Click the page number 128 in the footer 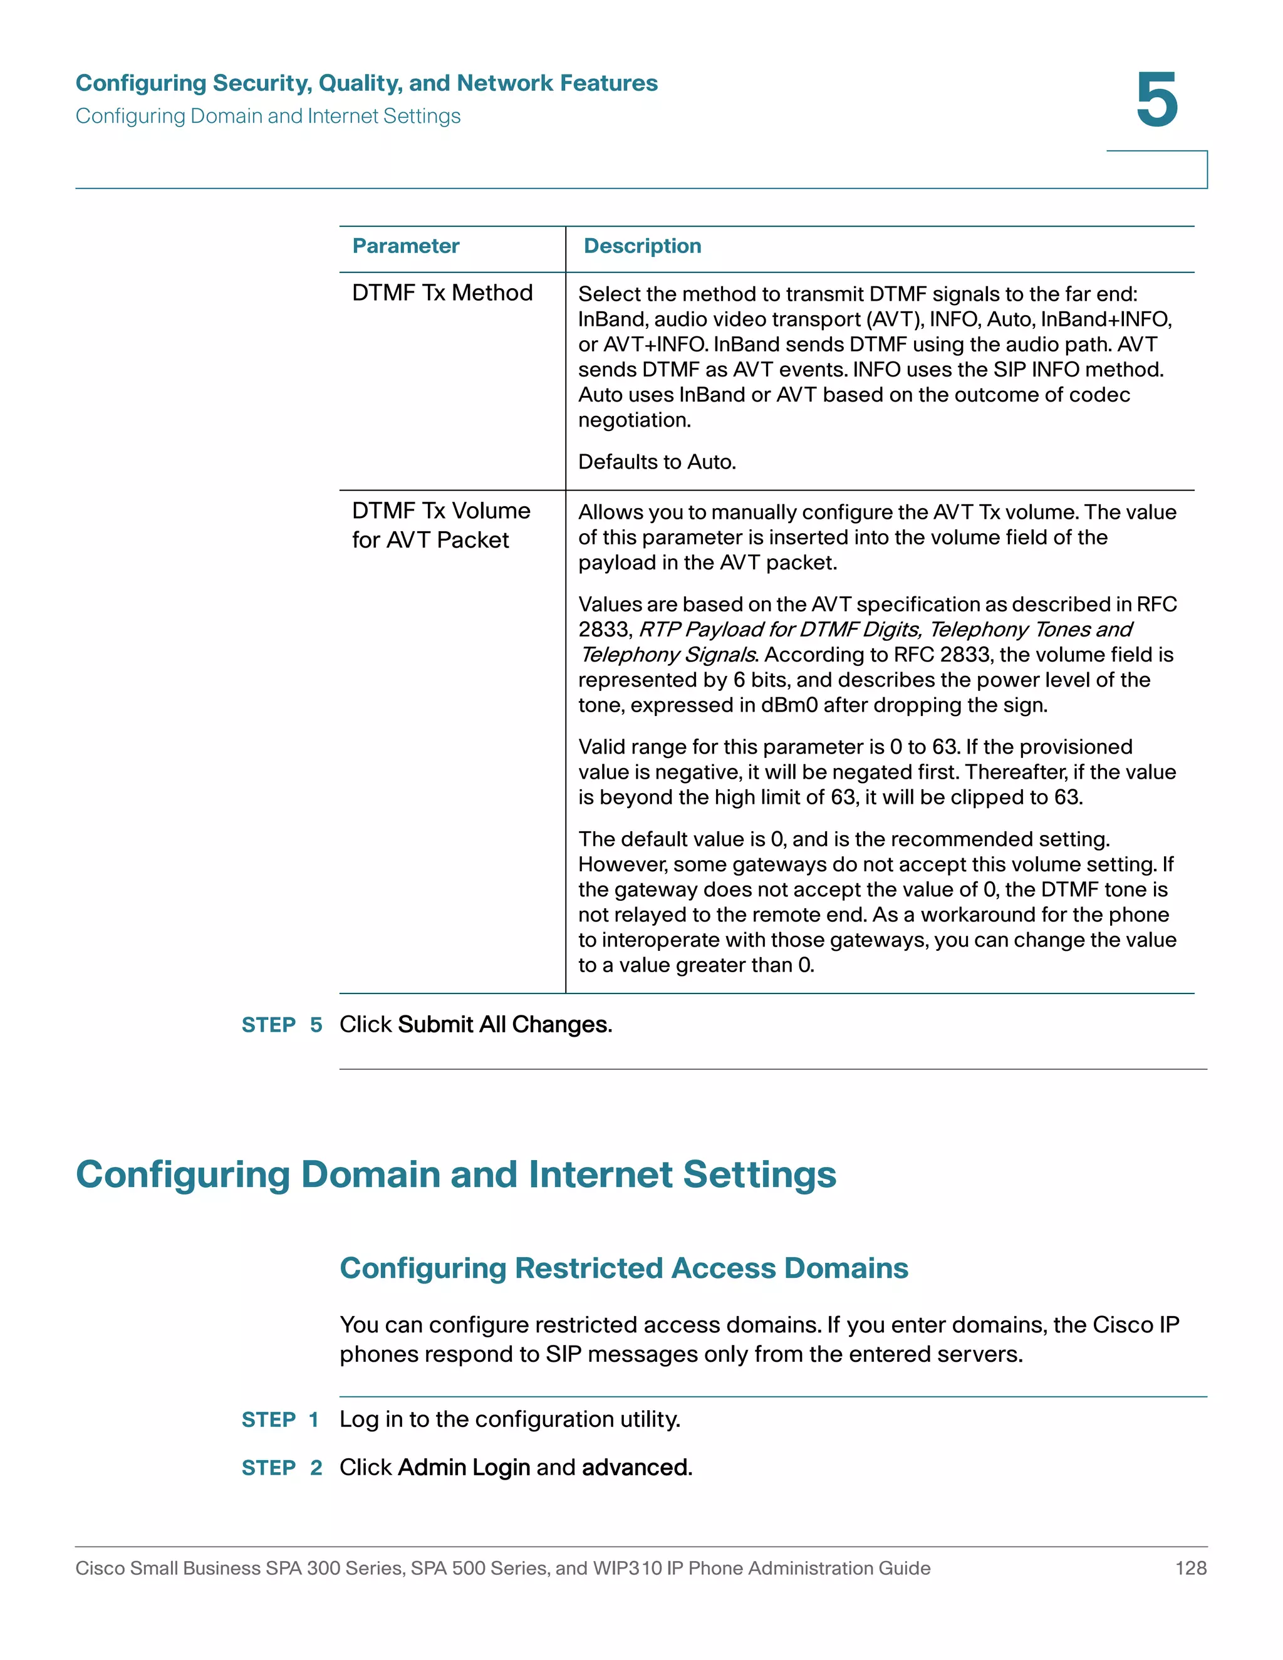tap(1190, 1568)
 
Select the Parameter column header tap(406, 246)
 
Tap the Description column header tap(642, 246)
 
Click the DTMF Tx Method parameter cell tap(442, 293)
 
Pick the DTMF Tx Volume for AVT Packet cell tap(441, 525)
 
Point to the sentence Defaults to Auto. tap(657, 462)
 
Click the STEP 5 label tap(282, 1025)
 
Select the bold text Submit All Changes tap(504, 1025)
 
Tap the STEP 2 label tap(282, 1468)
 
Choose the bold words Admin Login tap(464, 1467)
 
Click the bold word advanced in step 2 tap(636, 1467)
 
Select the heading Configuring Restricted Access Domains tap(623, 1268)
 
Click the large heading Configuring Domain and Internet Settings tap(456, 1175)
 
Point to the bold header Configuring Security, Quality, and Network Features tap(366, 83)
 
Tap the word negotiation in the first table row tap(633, 420)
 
